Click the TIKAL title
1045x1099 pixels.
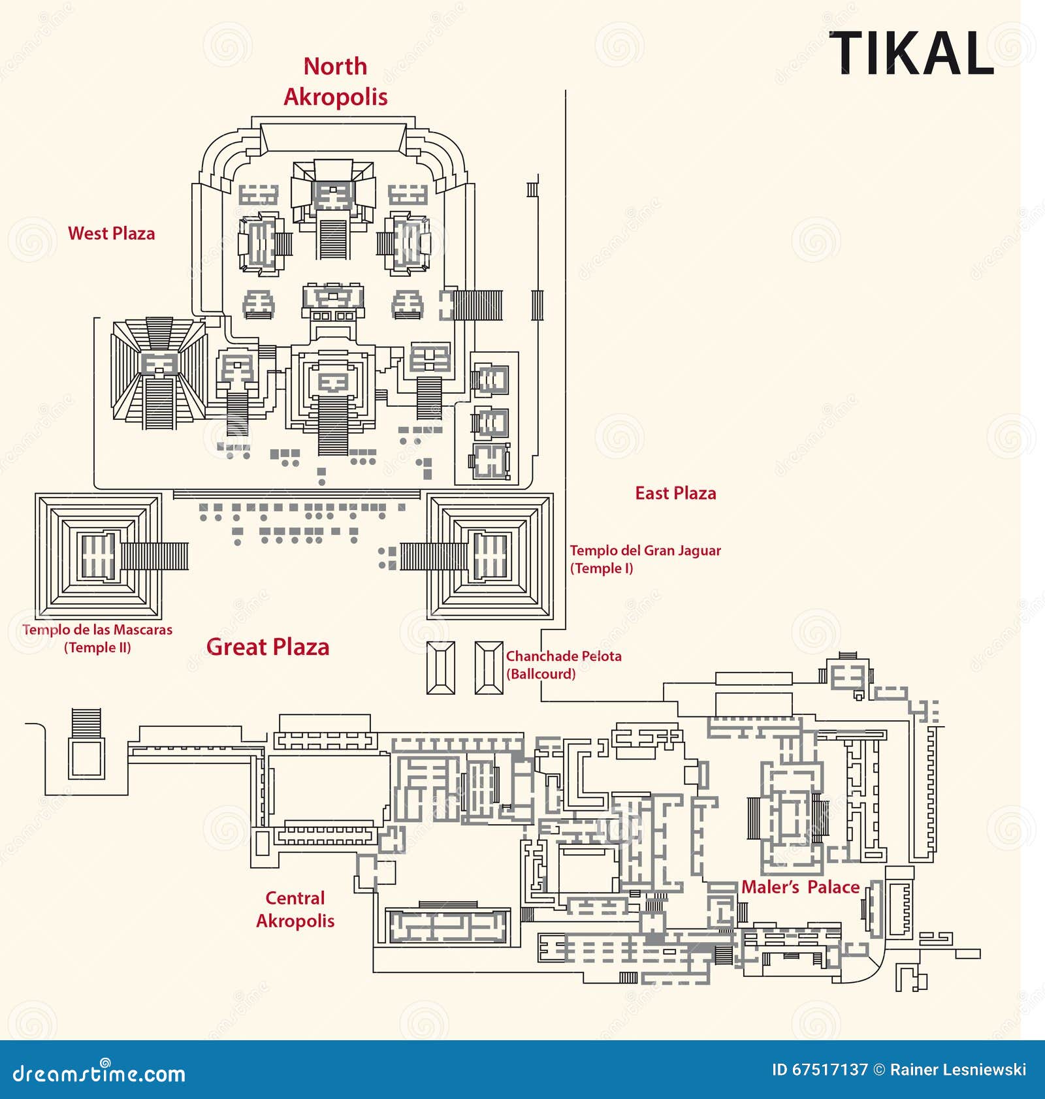coord(911,54)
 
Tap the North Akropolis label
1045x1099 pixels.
coord(335,82)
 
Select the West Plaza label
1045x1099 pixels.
coord(112,234)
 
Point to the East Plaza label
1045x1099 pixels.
coord(675,494)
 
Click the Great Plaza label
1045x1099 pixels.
coord(268,647)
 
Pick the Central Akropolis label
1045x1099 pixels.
coord(295,910)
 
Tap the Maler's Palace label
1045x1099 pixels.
coord(800,887)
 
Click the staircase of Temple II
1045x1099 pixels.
coord(154,556)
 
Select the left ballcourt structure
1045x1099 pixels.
coord(440,667)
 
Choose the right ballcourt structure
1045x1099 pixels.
coord(489,667)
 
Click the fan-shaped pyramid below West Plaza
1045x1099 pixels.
coord(159,374)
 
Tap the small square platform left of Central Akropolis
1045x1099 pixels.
coord(87,757)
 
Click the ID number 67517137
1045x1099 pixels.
coord(829,1070)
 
